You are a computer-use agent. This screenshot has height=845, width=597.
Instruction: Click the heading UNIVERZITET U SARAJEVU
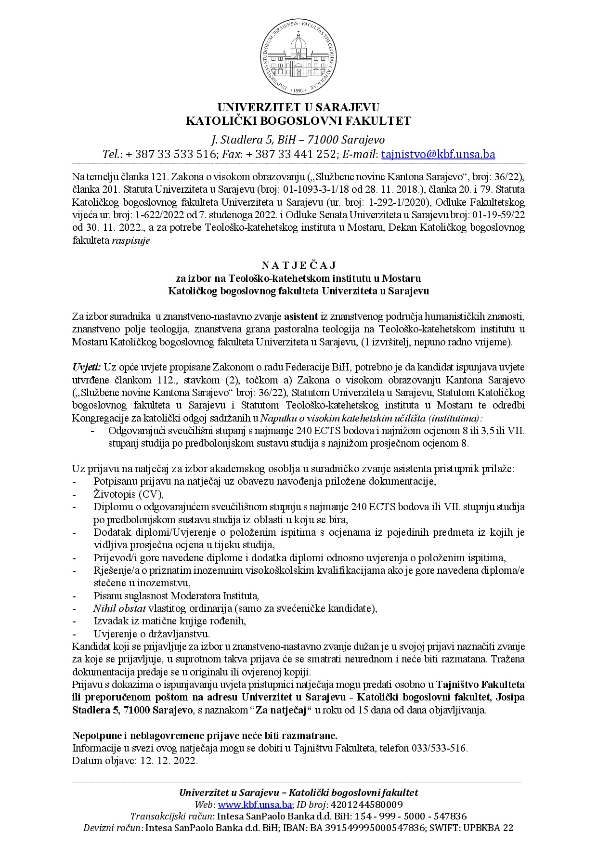pyautogui.click(x=298, y=106)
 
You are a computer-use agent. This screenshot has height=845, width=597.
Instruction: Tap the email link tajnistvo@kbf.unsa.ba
pyautogui.click(x=438, y=154)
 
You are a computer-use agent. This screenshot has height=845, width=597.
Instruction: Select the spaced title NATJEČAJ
pyautogui.click(x=298, y=265)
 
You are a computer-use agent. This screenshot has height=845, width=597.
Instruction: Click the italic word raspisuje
pyautogui.click(x=131, y=241)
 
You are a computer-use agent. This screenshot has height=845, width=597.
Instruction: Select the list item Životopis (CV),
pyautogui.click(x=129, y=494)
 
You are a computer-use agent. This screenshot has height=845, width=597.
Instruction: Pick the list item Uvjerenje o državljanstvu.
pyautogui.click(x=152, y=634)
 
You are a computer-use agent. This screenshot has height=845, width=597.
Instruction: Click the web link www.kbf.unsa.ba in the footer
pyautogui.click(x=255, y=805)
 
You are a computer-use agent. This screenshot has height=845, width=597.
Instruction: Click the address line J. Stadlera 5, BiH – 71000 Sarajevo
pyautogui.click(x=298, y=140)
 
